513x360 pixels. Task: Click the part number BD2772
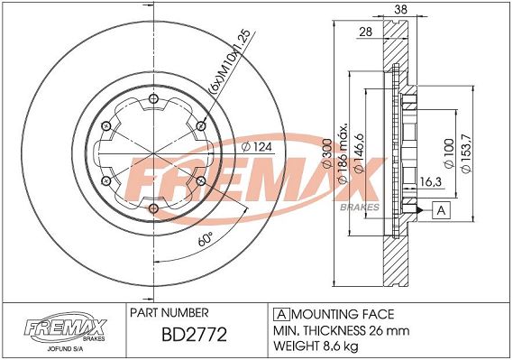coord(194,335)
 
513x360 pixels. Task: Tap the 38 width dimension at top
coord(400,9)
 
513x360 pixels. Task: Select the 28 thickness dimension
coord(365,32)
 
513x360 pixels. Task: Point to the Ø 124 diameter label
coord(256,147)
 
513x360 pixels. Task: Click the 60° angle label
coord(206,239)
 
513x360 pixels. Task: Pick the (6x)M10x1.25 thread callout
coord(229,62)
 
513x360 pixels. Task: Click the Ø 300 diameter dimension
coord(327,153)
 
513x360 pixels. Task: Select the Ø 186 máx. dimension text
coord(343,153)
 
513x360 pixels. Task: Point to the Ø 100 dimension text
coord(449,153)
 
